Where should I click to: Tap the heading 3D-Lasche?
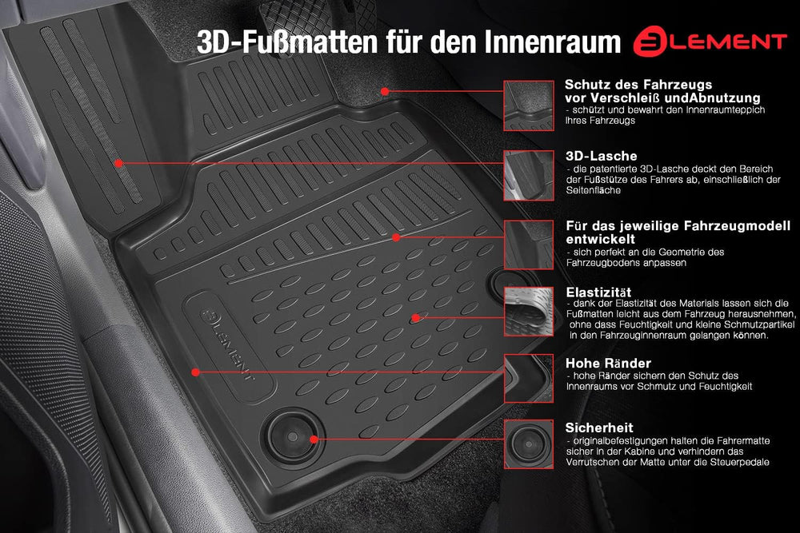[x=601, y=156]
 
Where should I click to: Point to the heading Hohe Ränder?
[x=608, y=364]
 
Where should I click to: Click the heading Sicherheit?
[x=599, y=428]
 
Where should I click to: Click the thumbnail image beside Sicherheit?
[x=529, y=444]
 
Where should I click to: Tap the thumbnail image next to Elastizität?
[x=529, y=312]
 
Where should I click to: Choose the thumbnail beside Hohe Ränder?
[x=529, y=379]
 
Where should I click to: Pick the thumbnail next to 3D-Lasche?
[x=529, y=175]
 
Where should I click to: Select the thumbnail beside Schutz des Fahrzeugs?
[x=529, y=105]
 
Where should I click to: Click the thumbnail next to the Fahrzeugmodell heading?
[x=529, y=245]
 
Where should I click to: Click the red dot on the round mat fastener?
[x=314, y=440]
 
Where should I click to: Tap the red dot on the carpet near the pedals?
[x=385, y=91]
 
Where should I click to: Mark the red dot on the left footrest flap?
[x=118, y=163]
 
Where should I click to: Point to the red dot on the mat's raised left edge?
[x=195, y=372]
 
